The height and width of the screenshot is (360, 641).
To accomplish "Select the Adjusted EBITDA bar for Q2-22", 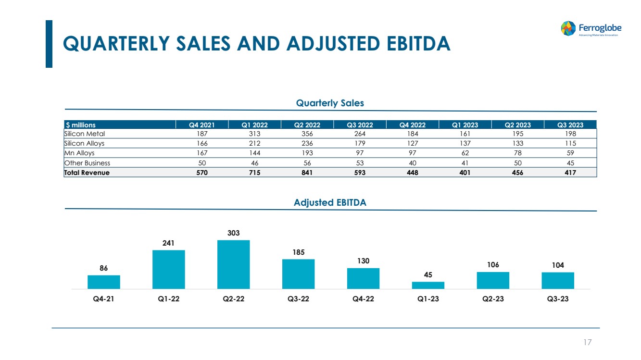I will click(233, 264).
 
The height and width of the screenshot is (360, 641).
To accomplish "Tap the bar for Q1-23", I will click(428, 285).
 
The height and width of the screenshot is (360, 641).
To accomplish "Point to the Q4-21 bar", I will click(104, 282).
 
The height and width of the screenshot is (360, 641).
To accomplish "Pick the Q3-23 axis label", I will click(558, 298).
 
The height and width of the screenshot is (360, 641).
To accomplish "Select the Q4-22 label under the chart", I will click(363, 298).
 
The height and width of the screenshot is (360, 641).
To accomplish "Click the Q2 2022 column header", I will click(307, 125).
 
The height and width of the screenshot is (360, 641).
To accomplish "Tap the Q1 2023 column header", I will click(465, 125).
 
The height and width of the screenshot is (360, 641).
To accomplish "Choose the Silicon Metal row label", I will click(85, 134).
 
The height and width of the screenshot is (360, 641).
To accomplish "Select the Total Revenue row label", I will click(87, 173).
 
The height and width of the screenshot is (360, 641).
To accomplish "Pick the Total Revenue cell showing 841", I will click(307, 173).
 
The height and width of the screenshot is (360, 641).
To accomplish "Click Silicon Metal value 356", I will click(307, 134).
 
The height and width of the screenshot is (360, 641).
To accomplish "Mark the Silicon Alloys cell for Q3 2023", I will click(570, 143).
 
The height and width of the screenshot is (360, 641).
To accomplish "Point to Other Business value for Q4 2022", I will click(412, 163).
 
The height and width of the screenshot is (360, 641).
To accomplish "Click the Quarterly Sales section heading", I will click(330, 103).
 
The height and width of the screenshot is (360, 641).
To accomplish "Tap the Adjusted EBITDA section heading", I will click(330, 202).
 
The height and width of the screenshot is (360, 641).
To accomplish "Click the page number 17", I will click(587, 342).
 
